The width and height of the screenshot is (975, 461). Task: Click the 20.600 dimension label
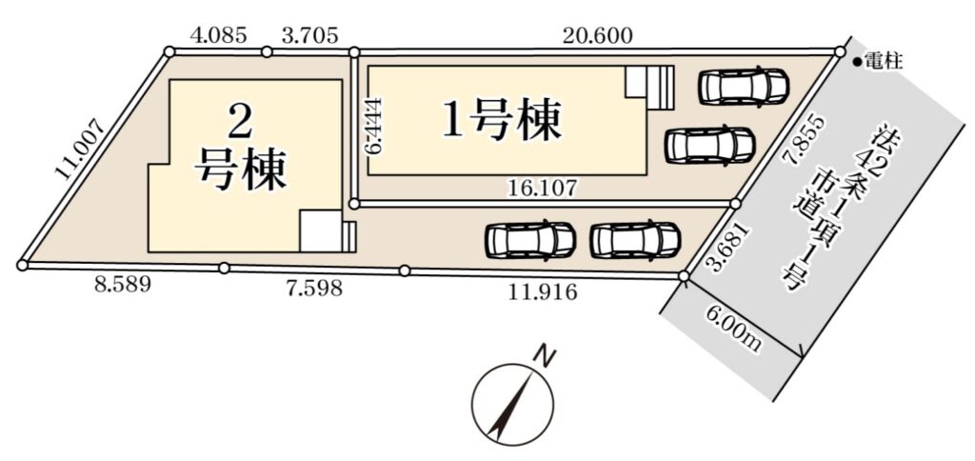point(598,36)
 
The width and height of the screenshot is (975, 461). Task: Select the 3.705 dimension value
point(309,35)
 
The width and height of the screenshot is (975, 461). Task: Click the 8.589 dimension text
point(122,286)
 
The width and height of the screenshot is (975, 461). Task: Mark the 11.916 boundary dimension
point(544,291)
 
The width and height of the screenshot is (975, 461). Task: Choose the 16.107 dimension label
point(545,186)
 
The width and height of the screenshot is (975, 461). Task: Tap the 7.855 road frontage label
point(797,141)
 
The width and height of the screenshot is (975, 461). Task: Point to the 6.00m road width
point(732,331)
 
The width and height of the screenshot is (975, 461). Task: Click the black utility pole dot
point(857,62)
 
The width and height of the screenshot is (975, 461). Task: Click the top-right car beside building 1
point(743,85)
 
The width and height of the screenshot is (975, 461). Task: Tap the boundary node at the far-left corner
point(23,266)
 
